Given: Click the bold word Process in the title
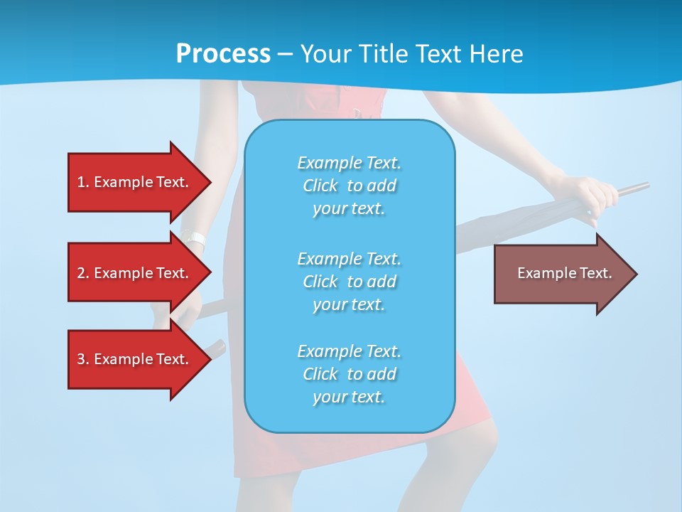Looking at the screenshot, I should coord(223,54).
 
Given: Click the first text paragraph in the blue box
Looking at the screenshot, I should coord(349,186).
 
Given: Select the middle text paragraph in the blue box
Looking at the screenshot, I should coord(349,281).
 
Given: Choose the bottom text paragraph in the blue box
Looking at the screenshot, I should coord(349,374).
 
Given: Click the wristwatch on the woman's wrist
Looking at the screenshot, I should coord(193,239).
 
